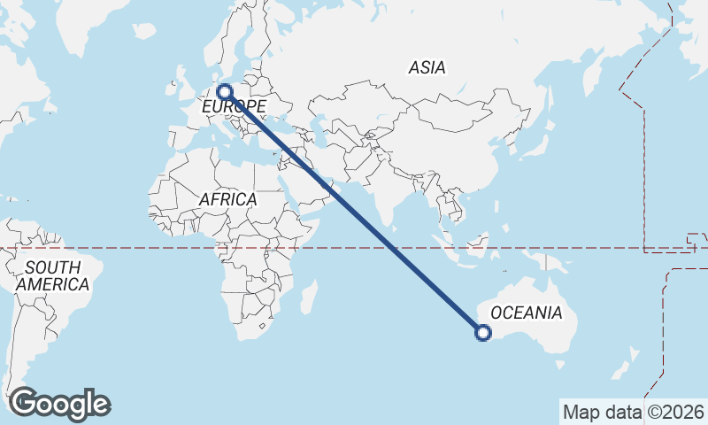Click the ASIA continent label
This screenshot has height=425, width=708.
(427, 67)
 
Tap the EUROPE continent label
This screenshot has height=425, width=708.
(235, 107)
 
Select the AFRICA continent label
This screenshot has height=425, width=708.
(227, 199)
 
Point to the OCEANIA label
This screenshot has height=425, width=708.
(526, 313)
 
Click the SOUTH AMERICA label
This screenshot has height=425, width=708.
(52, 275)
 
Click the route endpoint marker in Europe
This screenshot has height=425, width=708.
(225, 90)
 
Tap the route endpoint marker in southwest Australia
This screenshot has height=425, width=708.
(482, 333)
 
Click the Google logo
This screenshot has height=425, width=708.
(59, 404)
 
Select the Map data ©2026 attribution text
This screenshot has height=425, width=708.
(633, 412)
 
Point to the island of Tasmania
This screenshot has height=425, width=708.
(558, 360)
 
